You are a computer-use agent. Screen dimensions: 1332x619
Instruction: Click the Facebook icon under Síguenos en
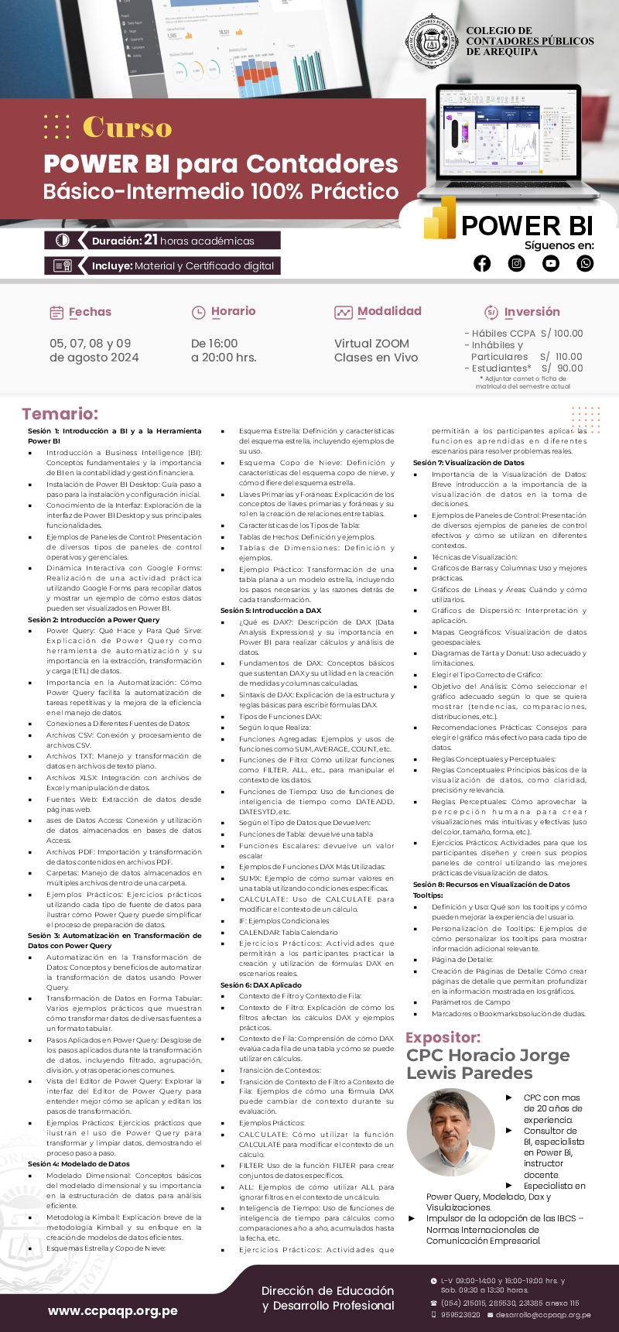click(x=482, y=264)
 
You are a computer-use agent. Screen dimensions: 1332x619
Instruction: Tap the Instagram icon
click(x=517, y=264)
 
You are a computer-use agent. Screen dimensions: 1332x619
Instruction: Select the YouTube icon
click(x=551, y=264)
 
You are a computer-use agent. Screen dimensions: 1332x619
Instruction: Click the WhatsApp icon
click(x=586, y=264)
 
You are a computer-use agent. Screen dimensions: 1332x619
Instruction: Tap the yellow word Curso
click(x=127, y=127)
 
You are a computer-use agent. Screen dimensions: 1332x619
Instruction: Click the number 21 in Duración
click(x=151, y=240)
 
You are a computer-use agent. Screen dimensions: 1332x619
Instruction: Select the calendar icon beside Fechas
click(x=56, y=313)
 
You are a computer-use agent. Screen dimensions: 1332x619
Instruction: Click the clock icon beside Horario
click(x=198, y=313)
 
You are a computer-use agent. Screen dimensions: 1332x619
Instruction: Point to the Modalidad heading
click(x=389, y=311)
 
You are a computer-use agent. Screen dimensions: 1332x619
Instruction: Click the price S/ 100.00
click(x=562, y=334)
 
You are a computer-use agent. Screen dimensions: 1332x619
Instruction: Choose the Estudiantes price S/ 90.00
click(x=562, y=368)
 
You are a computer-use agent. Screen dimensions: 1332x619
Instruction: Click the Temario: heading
click(x=60, y=414)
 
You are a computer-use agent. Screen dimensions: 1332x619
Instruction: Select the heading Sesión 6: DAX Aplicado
click(x=261, y=985)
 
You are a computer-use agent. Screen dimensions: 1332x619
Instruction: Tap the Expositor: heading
click(x=443, y=1037)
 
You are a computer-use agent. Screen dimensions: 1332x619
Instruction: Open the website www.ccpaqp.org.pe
click(x=113, y=1310)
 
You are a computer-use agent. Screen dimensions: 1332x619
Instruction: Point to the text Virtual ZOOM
click(x=371, y=344)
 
